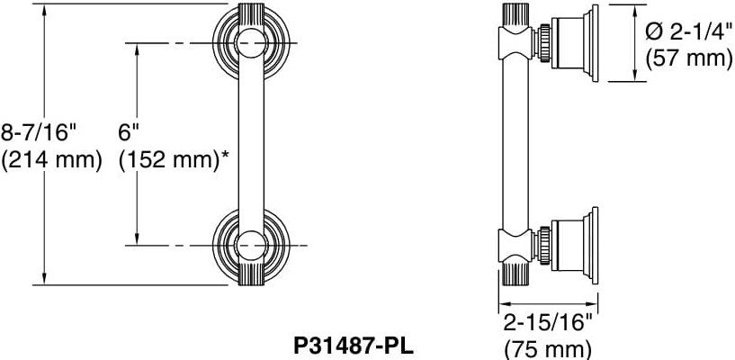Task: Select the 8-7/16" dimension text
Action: (40, 132)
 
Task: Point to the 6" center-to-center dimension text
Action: (130, 132)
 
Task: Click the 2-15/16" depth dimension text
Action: (548, 322)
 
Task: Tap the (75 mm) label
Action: (548, 348)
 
